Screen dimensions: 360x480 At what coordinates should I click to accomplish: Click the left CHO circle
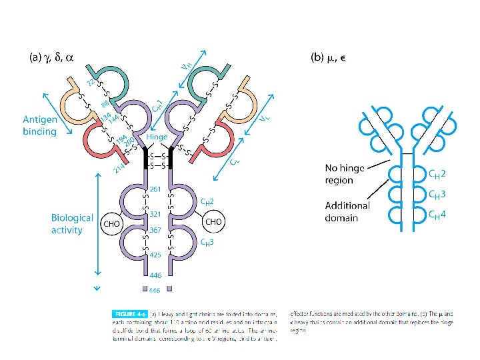[x=111, y=225]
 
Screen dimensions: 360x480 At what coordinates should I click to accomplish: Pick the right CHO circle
[x=213, y=221]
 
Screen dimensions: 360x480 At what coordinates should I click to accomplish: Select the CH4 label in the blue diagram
[x=437, y=215]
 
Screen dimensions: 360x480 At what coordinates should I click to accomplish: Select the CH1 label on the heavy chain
[x=158, y=105]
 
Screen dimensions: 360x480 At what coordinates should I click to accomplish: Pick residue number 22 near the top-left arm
[x=91, y=83]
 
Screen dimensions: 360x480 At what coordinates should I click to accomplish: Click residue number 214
[x=118, y=169]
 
